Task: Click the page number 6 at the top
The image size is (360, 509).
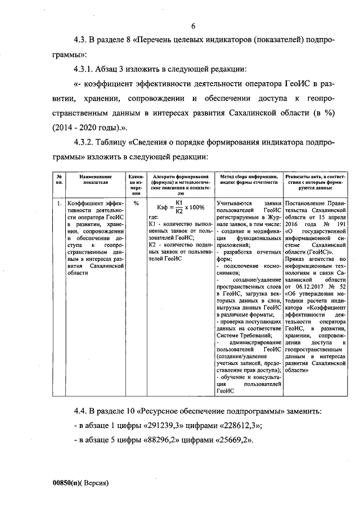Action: coord(193,26)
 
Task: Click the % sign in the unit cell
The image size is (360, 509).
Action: coord(136,204)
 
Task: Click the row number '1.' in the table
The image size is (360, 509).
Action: coord(59,204)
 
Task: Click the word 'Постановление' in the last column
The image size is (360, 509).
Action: coord(307,203)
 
